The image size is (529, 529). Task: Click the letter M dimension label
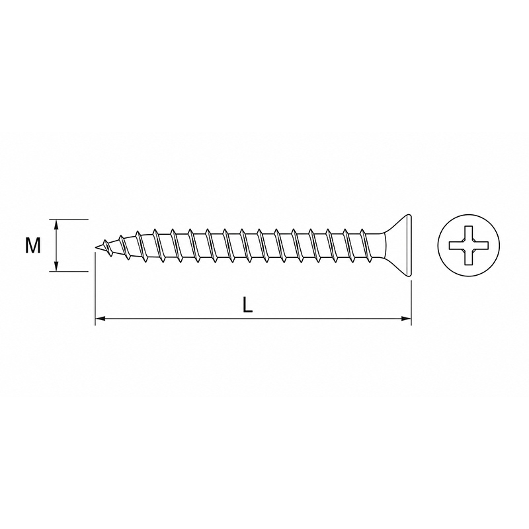[32, 245]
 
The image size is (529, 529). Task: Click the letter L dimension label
[247, 305]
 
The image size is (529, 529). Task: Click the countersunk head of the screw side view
[398, 245]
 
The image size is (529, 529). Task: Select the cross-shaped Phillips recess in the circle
[469, 245]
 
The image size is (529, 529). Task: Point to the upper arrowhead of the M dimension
[56, 224]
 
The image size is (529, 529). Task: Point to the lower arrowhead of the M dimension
[56, 266]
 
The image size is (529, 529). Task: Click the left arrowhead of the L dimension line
[101, 318]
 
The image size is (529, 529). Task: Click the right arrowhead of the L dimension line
[406, 318]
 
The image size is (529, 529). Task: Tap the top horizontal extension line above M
[69, 220]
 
